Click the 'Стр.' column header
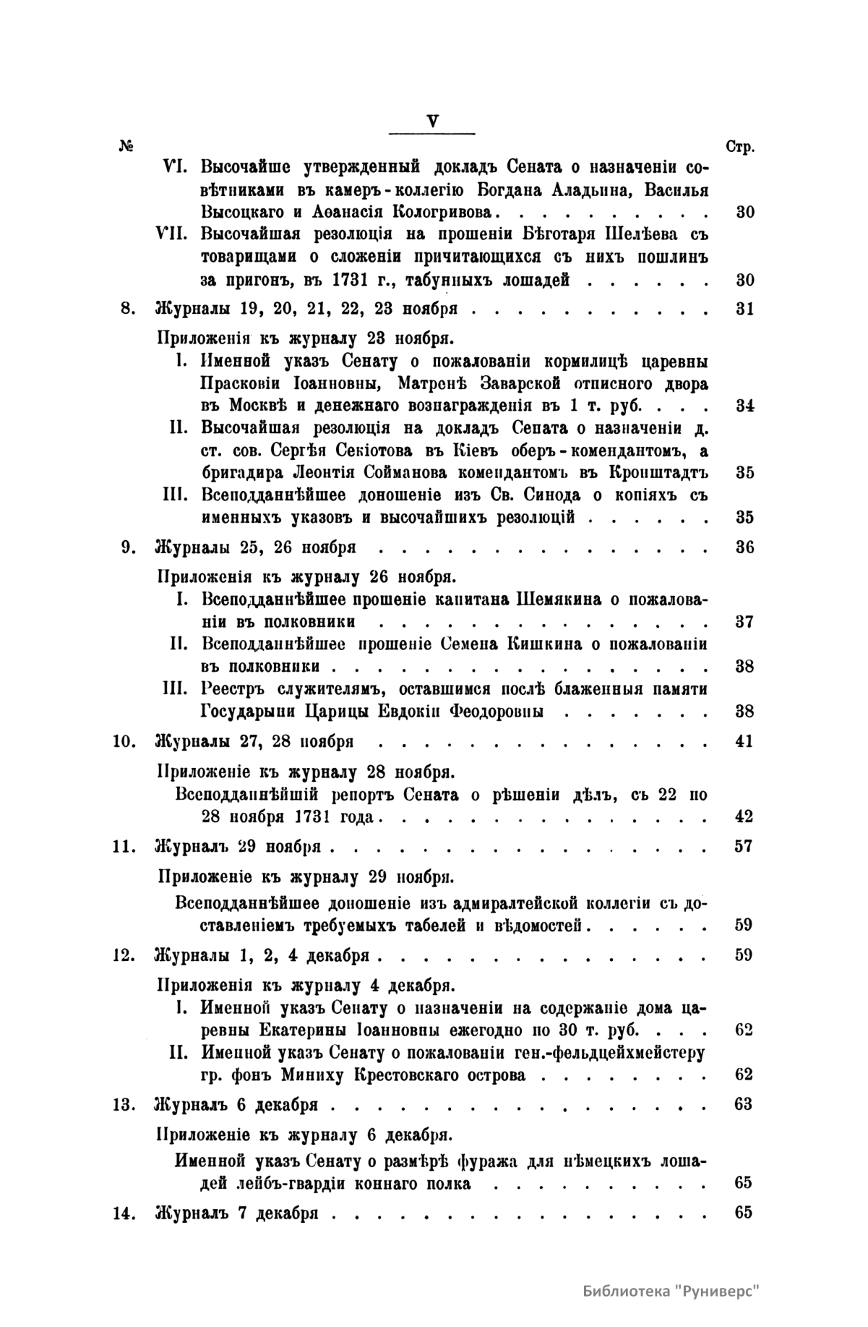tap(740, 147)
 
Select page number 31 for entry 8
tap(744, 310)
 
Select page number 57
tap(744, 846)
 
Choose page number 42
tap(744, 817)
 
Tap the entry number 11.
tap(125, 847)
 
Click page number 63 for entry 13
tap(744, 1104)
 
